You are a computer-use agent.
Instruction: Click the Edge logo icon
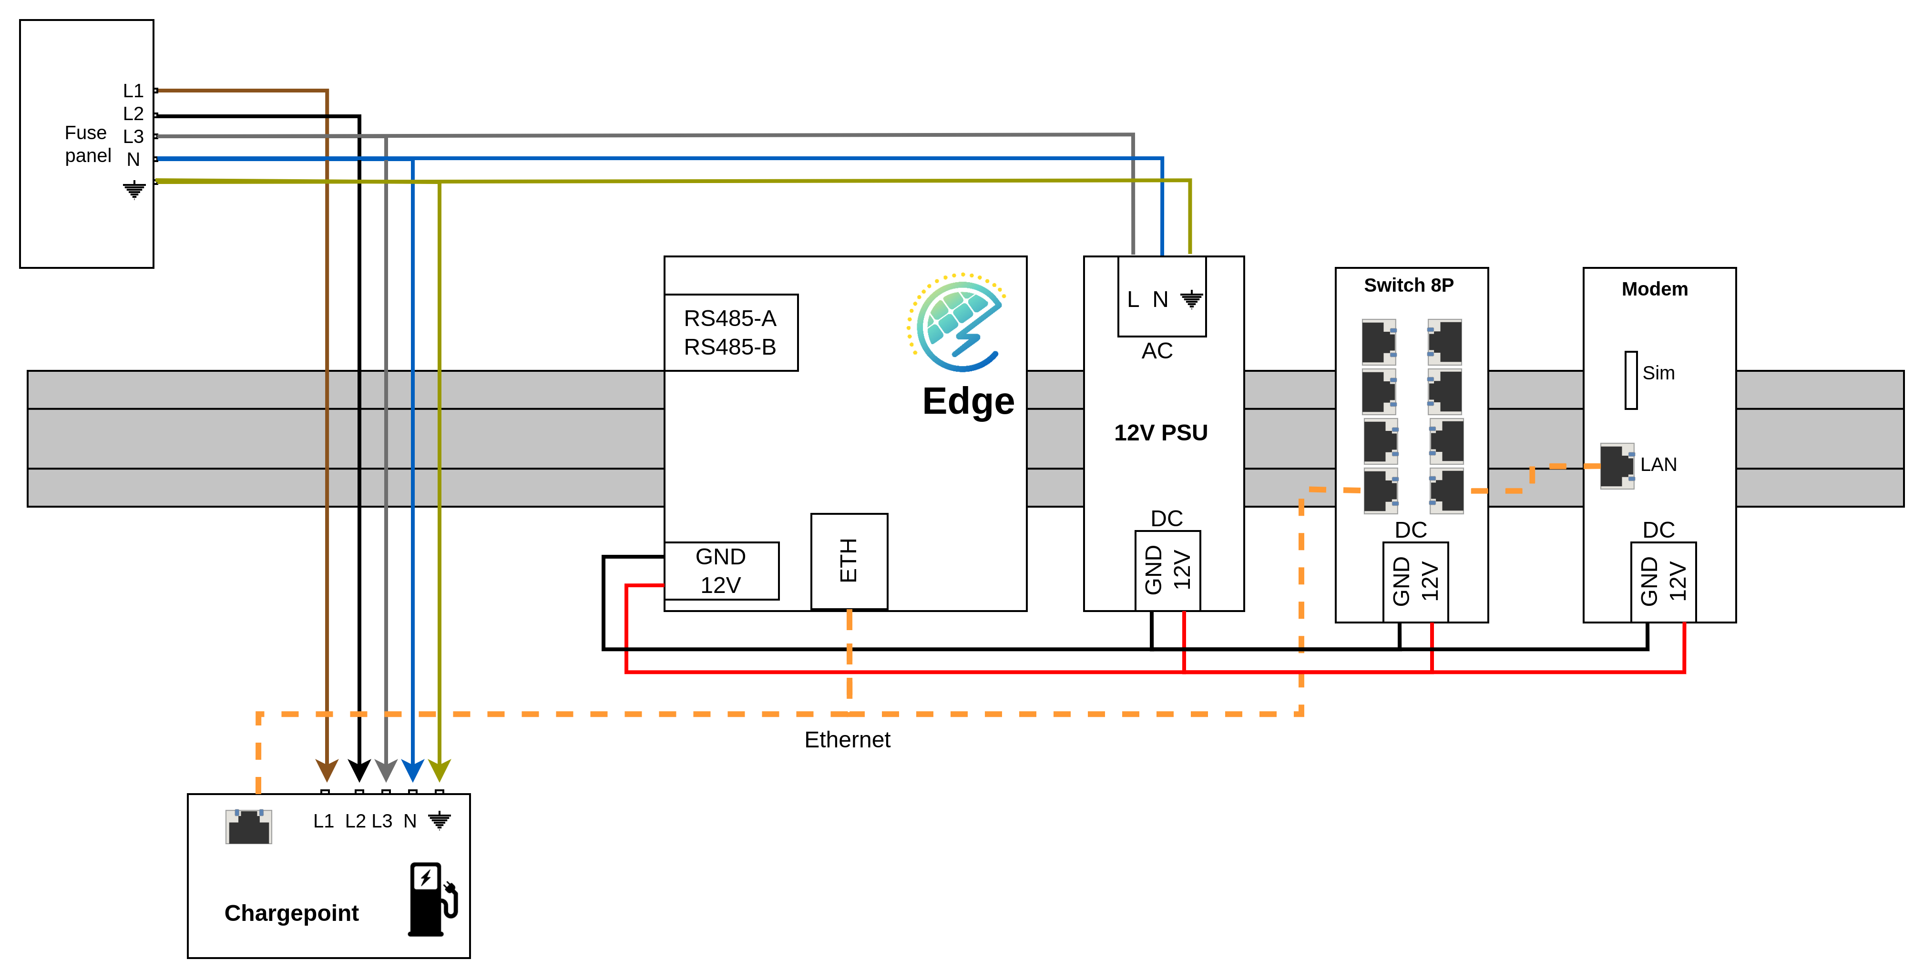tap(957, 324)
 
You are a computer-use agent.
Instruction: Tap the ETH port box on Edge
tap(849, 560)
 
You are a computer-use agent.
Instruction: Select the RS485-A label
tap(730, 318)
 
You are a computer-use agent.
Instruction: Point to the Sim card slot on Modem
tap(1631, 380)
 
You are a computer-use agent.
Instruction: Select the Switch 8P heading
tap(1409, 286)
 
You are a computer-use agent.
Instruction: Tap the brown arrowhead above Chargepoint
tap(327, 769)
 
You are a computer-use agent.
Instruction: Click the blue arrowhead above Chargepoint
tap(413, 769)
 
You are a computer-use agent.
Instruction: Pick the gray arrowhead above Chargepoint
tap(385, 769)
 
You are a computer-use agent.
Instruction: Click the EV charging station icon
tap(432, 899)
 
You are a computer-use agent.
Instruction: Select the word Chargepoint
tap(291, 913)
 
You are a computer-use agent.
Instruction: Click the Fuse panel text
tap(87, 144)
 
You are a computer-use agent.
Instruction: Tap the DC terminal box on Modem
tap(1663, 581)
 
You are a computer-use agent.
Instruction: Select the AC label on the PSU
tap(1157, 350)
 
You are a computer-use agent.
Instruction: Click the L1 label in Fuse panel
tap(133, 91)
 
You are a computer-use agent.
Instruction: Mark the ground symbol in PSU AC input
tap(1191, 299)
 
